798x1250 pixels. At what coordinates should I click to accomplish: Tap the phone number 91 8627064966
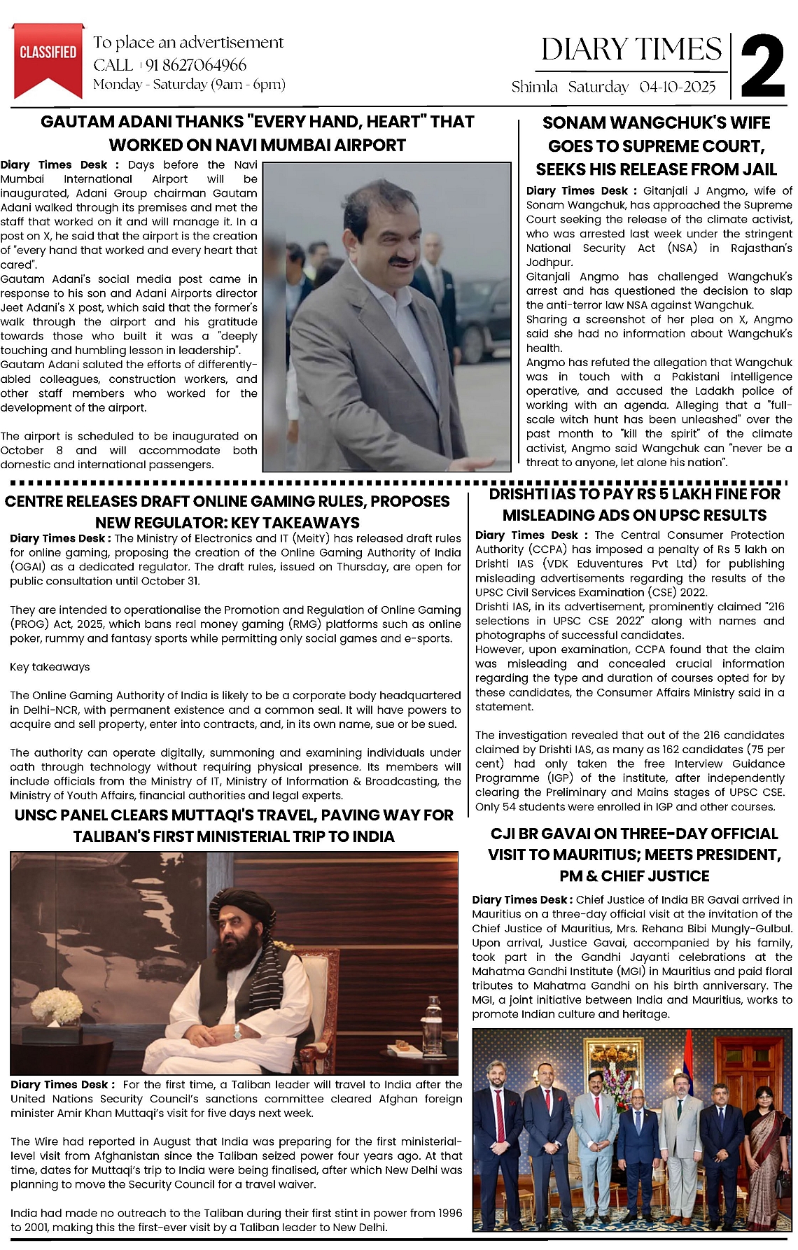coord(196,65)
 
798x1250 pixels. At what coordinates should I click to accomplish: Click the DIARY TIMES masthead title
coord(631,49)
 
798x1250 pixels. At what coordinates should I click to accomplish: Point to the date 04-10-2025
coord(677,87)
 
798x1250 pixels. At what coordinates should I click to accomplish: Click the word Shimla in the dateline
coord(535,87)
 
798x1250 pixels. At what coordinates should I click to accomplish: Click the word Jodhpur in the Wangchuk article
coord(549,262)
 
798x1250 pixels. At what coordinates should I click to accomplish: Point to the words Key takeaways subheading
coord(50,667)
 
